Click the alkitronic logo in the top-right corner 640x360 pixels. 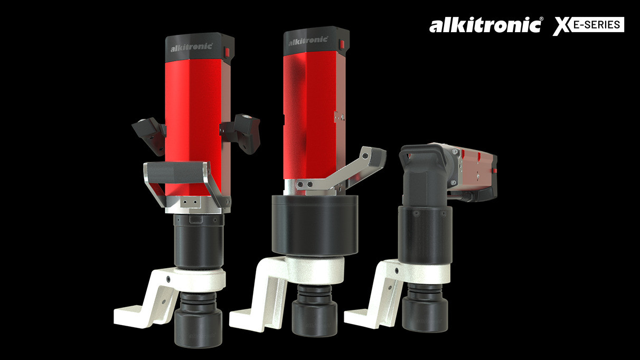coord(485,25)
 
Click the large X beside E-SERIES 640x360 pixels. coord(562,26)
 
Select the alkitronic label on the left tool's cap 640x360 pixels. coord(191,48)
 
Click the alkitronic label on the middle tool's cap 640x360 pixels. coord(306,40)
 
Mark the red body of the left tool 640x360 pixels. coord(195,106)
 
